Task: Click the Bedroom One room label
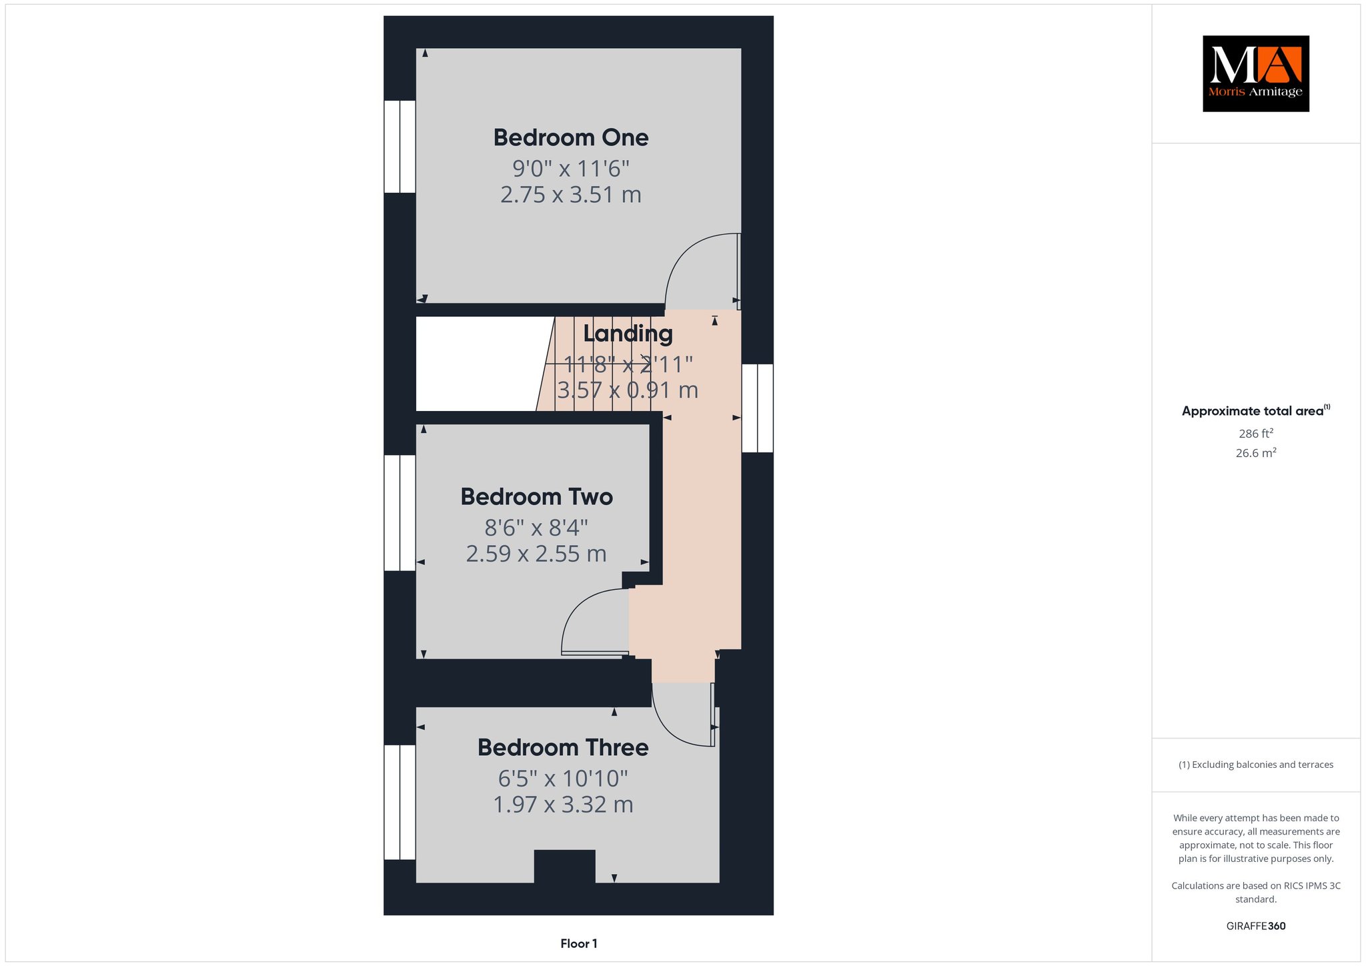(x=571, y=137)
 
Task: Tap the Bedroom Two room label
(x=536, y=497)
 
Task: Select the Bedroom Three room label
(x=563, y=747)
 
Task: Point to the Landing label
(x=628, y=334)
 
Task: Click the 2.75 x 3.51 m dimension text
(x=571, y=195)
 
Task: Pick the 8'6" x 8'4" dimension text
(x=536, y=528)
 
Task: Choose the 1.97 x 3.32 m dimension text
(x=563, y=805)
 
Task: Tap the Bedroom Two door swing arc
(x=577, y=606)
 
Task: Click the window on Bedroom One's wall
(x=400, y=147)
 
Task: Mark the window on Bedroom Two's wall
(x=400, y=513)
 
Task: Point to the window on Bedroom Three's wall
(x=400, y=803)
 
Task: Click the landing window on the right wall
(x=758, y=408)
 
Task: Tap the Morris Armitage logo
(x=1256, y=73)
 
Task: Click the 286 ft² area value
(x=1256, y=434)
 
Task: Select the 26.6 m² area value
(x=1256, y=453)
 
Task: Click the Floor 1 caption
(x=579, y=943)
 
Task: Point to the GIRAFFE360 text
(x=1256, y=926)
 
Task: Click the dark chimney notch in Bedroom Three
(x=565, y=866)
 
